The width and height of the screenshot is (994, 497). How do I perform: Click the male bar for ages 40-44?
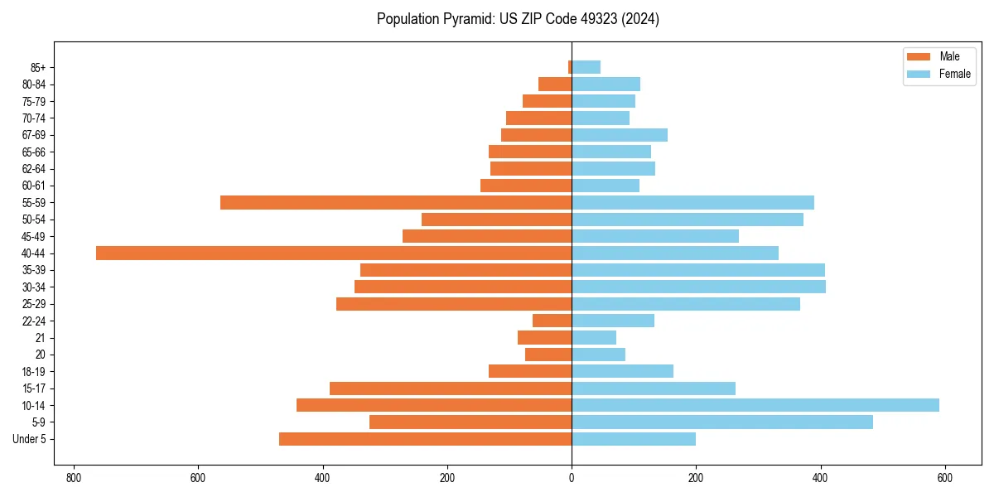coord(334,253)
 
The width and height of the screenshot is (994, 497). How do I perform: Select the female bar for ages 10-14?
coord(755,405)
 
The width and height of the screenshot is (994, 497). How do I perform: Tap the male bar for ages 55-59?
coord(396,203)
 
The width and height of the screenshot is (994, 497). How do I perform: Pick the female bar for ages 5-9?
coord(722,422)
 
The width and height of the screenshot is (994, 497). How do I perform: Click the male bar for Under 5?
coord(425,439)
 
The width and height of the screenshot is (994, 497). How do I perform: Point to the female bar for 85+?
coord(586,67)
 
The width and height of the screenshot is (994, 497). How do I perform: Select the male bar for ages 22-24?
coord(552,321)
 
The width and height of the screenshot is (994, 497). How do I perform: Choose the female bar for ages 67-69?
coord(620,135)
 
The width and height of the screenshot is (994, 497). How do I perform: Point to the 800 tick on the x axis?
coord(74,478)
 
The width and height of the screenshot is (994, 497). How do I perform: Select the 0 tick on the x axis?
coord(572,478)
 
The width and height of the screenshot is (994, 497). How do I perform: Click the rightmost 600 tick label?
coord(945,478)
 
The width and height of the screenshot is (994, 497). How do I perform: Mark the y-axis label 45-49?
coord(34,236)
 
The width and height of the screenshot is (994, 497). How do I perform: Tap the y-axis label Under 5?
coord(30,439)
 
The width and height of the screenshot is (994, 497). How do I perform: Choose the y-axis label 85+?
coord(37,67)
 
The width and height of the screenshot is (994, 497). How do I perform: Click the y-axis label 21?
coord(41,338)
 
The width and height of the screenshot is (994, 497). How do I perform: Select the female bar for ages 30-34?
coord(698,287)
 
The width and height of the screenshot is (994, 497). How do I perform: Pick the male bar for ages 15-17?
coord(451,388)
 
